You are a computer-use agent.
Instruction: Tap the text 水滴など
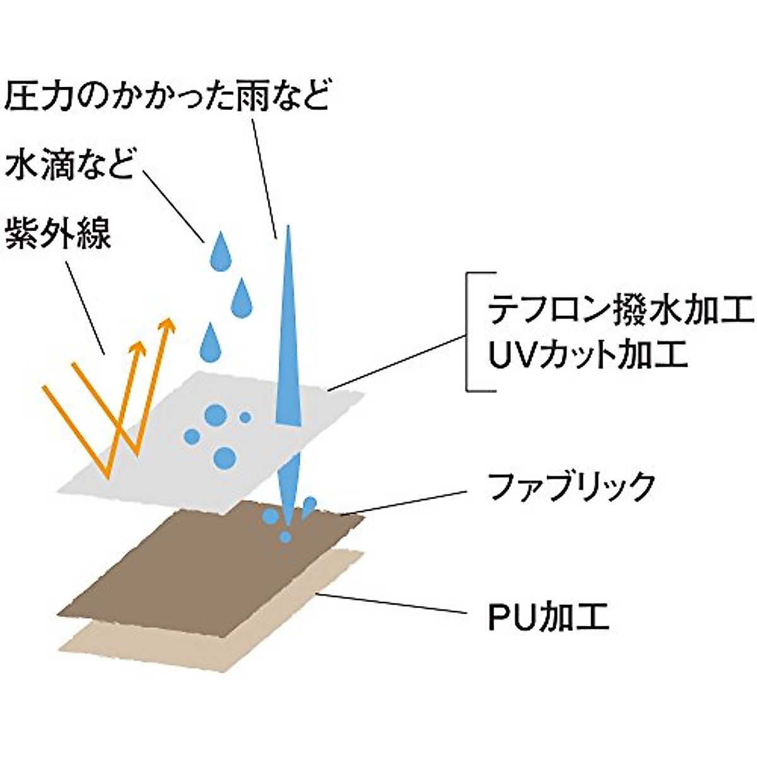[x=69, y=165]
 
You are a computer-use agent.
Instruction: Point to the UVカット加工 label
[x=587, y=355]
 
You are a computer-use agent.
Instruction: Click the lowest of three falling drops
[x=212, y=344]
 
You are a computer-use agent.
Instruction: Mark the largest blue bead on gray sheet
[x=224, y=457]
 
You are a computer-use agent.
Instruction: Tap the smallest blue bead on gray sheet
[x=245, y=417]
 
